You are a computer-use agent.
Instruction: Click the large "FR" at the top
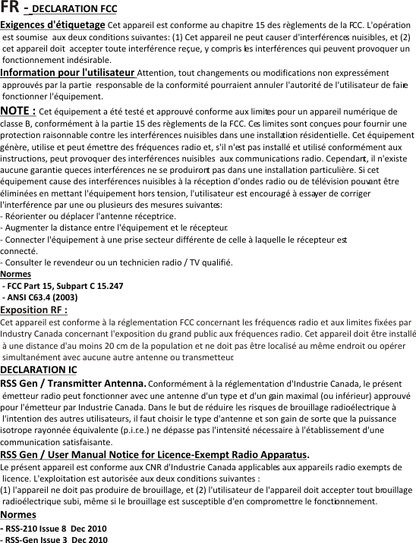point(10,8)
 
